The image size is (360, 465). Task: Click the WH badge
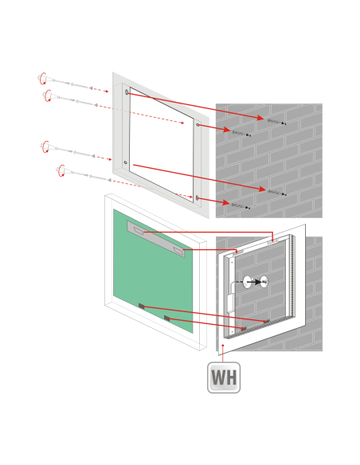224,377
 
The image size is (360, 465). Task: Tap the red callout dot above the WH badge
223,346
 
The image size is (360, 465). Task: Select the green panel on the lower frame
153,271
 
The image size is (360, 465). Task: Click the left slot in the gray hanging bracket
139,230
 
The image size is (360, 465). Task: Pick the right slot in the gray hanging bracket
179,251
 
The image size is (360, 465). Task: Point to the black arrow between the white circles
256,282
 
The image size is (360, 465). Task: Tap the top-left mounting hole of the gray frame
127,92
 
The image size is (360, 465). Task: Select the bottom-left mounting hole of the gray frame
125,162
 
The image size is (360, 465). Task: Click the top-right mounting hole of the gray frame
198,125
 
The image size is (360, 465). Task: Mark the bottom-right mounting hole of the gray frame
198,197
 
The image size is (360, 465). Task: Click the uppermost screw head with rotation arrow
43,78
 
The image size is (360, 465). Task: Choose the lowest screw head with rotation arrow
61,171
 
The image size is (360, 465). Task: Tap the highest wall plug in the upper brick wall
276,122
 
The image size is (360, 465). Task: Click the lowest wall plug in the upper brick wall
241,206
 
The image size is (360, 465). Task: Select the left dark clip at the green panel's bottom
142,306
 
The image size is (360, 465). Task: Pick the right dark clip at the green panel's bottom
167,318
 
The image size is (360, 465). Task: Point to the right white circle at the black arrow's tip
264,282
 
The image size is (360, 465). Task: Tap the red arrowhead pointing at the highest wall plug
260,118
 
